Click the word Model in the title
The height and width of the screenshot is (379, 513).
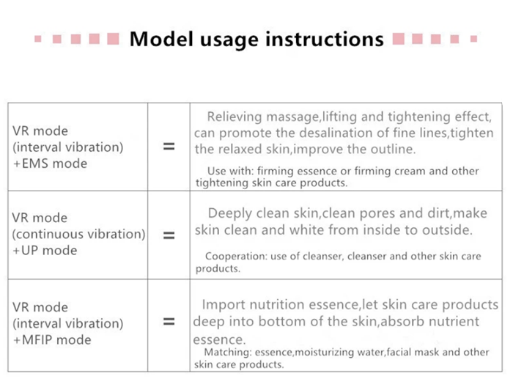(161, 39)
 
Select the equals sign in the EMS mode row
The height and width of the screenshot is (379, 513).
(169, 147)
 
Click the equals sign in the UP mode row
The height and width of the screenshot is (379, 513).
(169, 235)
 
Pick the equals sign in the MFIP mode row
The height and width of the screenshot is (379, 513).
(169, 322)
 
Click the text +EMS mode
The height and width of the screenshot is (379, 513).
(50, 163)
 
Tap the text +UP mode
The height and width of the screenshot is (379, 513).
(45, 251)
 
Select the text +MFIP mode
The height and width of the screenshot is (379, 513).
(52, 339)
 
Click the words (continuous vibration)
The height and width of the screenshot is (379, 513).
(79, 235)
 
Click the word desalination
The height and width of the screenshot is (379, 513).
(344, 133)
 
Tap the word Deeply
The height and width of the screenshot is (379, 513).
(230, 214)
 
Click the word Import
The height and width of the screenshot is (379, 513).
(223, 305)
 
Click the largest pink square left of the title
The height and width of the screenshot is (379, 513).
(113, 39)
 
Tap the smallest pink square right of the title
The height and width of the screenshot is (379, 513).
(473, 39)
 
